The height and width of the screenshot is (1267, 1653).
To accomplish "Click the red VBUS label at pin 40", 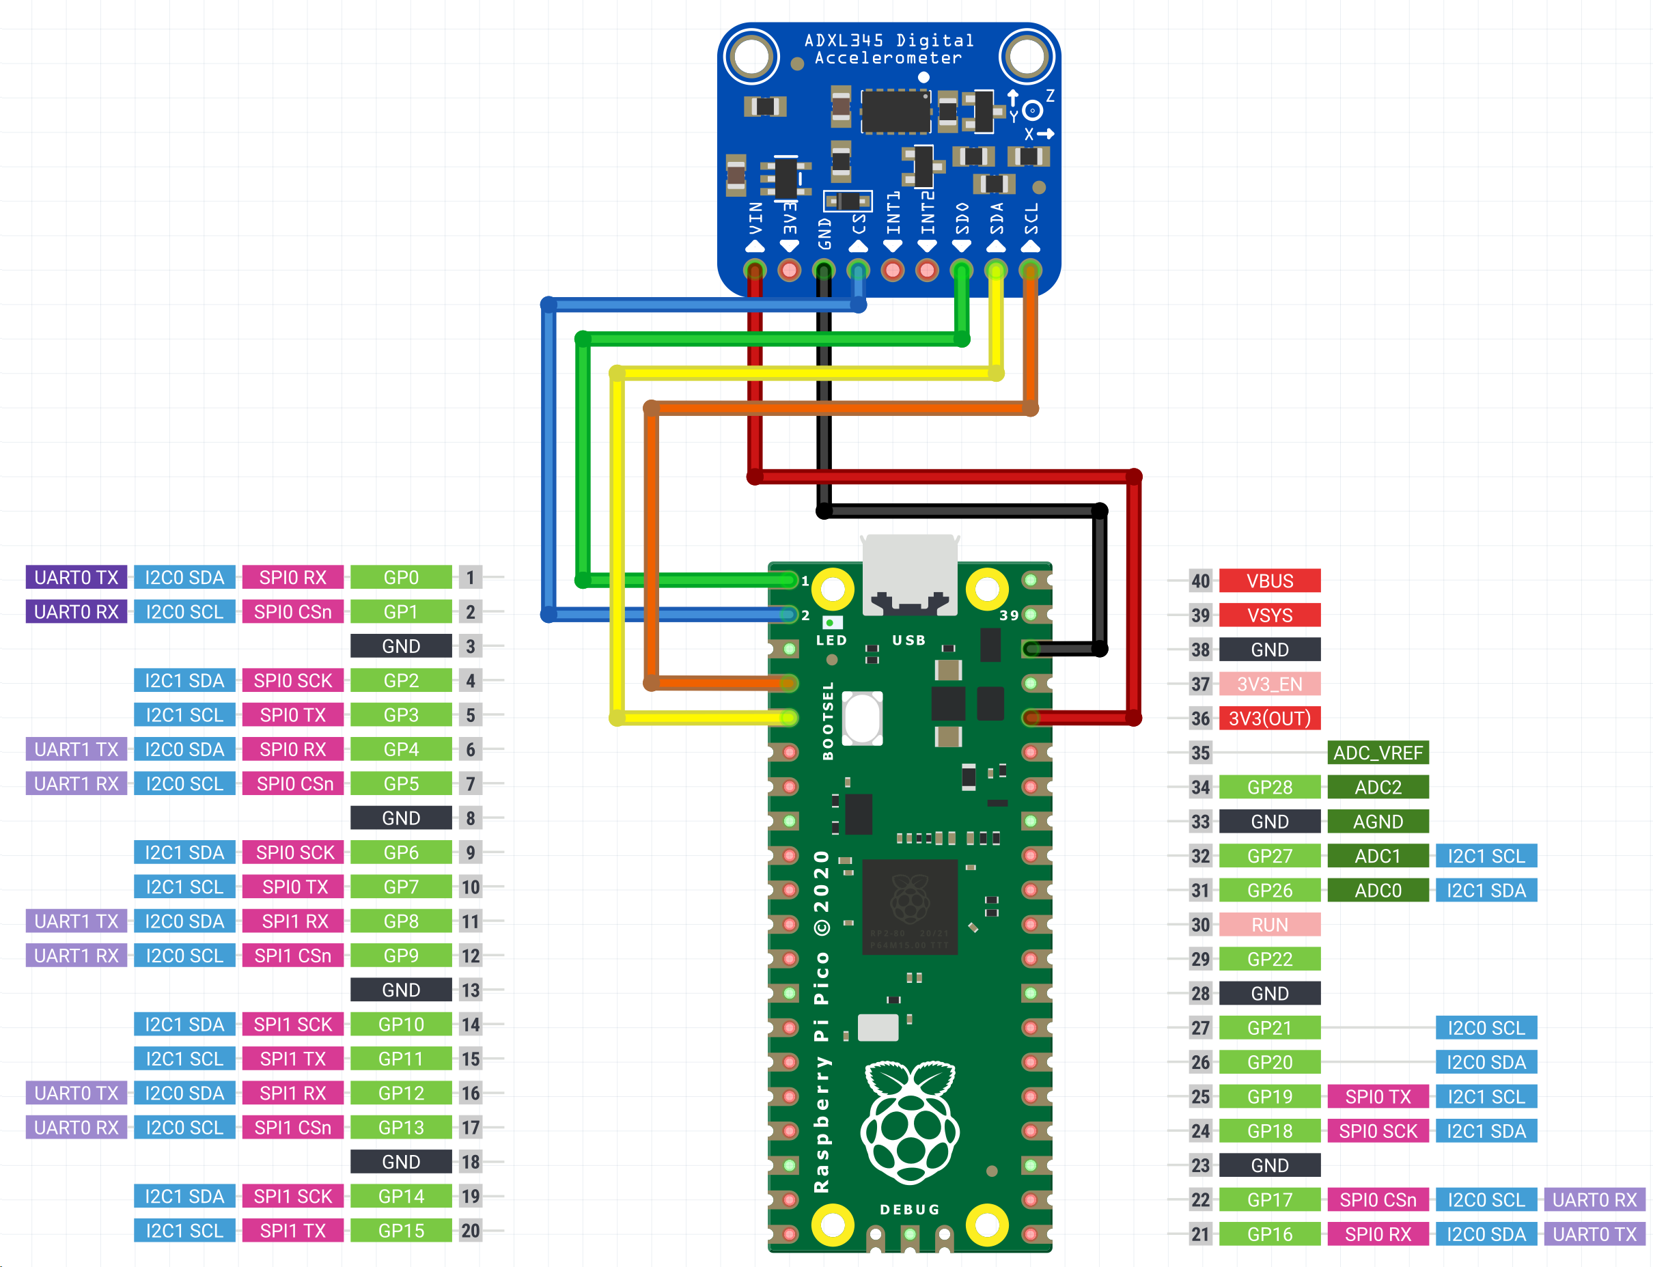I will coord(1269,581).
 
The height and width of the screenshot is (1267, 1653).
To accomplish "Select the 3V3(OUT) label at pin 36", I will coord(1269,718).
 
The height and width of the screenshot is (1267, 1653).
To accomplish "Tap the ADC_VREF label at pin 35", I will coord(1377,753).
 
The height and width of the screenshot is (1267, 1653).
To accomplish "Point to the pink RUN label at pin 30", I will coord(1269,925).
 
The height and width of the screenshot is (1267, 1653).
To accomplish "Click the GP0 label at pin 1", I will coord(400,578).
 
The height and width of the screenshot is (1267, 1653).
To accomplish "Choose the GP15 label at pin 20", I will coord(400,1231).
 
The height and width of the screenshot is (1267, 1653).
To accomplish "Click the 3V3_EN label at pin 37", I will coord(1269,684).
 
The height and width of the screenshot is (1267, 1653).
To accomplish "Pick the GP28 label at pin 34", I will coord(1269,788).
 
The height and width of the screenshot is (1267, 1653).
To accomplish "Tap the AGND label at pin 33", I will coord(1377,821).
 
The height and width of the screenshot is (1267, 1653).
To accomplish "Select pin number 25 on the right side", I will coord(1199,1096).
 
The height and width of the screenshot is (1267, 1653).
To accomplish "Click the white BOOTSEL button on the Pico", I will coord(862,718).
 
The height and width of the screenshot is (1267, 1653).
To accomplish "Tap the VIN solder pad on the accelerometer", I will coord(754,269).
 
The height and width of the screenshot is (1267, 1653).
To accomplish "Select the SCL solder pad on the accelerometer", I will coord(1030,269).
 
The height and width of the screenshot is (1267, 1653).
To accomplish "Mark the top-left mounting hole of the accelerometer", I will coord(751,57).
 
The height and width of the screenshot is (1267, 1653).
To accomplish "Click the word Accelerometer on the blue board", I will coord(889,58).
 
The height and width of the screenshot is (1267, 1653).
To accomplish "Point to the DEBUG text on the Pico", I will coord(909,1210).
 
